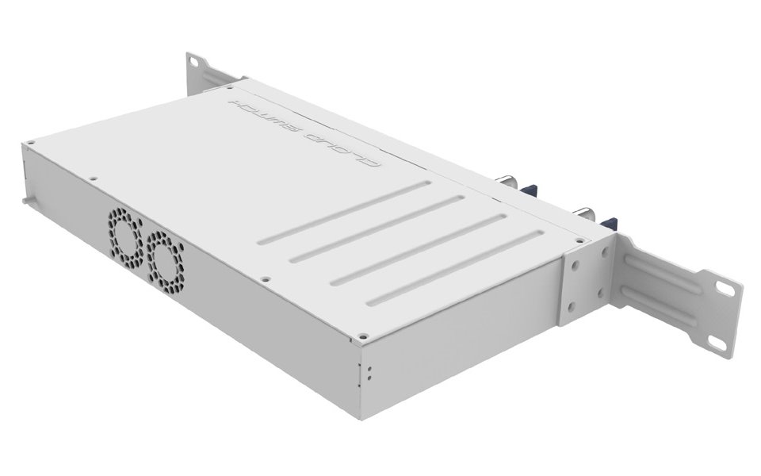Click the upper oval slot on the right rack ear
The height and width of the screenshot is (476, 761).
pyautogui.click(x=725, y=289)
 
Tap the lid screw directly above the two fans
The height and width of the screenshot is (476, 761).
pyautogui.click(x=93, y=178)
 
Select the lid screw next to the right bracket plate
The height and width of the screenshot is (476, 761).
pyautogui.click(x=579, y=240)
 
